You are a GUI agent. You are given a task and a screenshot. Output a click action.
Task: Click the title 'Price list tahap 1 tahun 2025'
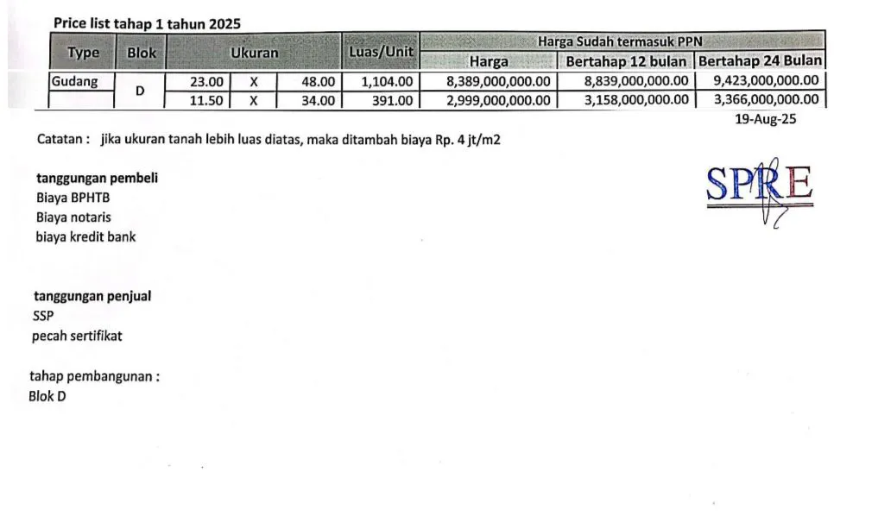[x=147, y=23]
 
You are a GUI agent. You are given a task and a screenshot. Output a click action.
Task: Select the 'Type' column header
[x=83, y=53]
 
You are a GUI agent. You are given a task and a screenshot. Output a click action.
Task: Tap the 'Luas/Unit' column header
[x=380, y=53]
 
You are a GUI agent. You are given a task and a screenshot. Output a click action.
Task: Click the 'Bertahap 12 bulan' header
[x=626, y=61]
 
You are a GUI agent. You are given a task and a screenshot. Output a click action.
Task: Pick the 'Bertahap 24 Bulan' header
[x=760, y=61]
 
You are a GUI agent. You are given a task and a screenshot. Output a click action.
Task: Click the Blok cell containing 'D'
[x=139, y=91]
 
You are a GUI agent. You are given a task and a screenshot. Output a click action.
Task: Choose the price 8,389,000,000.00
[x=498, y=82]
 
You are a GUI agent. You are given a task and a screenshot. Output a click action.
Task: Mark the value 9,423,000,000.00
[x=766, y=81]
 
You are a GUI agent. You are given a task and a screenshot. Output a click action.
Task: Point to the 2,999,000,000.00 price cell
[x=498, y=100]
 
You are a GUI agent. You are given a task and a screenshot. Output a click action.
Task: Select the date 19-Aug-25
[x=765, y=120]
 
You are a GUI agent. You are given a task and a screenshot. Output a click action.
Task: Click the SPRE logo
[x=760, y=186]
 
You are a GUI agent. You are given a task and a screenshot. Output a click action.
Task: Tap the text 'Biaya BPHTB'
[x=73, y=198]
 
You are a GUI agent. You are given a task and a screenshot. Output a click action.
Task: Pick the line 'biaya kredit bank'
[x=85, y=236]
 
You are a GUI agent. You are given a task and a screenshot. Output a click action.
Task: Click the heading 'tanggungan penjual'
[x=92, y=296]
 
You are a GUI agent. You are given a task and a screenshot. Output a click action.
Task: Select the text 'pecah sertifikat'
[x=77, y=336]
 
